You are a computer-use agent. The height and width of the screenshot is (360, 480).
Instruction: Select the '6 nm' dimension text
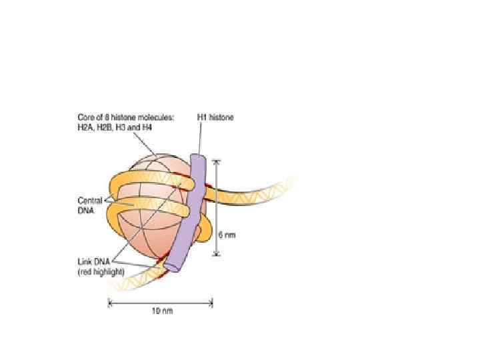(227, 235)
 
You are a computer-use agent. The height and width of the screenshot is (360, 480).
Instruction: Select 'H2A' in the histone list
(85, 127)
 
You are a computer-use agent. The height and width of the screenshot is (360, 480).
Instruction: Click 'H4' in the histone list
(146, 127)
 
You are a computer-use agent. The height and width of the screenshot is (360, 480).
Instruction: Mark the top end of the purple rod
(198, 158)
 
